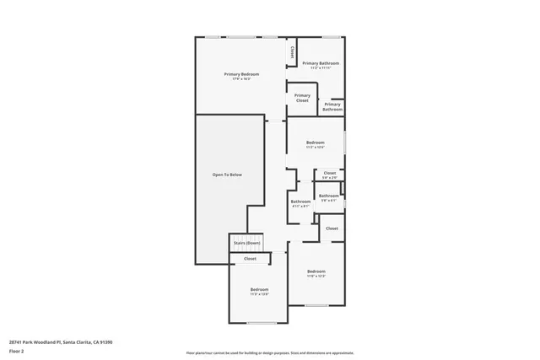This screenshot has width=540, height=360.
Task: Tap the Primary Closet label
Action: click(302, 98)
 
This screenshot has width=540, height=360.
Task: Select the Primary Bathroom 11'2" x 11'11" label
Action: click(321, 64)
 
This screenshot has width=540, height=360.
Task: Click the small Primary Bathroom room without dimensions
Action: click(332, 106)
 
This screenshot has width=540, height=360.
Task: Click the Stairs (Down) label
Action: click(246, 243)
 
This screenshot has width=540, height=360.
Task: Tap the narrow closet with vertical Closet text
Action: click(292, 52)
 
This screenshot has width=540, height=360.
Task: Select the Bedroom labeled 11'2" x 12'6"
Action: click(316, 144)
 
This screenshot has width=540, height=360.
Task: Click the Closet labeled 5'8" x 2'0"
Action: click(330, 175)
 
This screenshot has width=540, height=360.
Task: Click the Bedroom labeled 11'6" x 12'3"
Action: click(316, 273)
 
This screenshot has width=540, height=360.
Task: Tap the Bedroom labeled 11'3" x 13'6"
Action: click(258, 291)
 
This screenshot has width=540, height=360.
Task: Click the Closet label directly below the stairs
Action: click(250, 259)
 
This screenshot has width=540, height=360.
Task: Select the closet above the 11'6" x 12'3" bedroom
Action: click(332, 228)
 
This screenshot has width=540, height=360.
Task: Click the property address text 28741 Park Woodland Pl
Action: click(60, 341)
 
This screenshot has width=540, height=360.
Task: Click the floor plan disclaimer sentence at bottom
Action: click(269, 352)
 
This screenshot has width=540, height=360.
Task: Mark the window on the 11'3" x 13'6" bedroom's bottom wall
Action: click(262, 323)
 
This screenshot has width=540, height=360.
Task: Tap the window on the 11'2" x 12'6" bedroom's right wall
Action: click(345, 141)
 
